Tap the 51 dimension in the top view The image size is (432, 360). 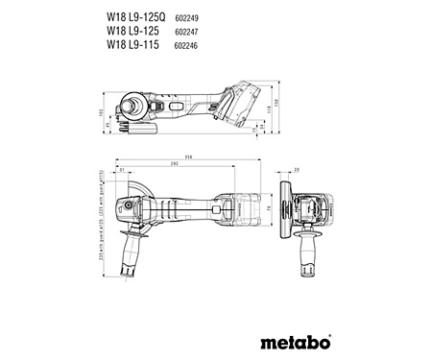pos(122,172)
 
